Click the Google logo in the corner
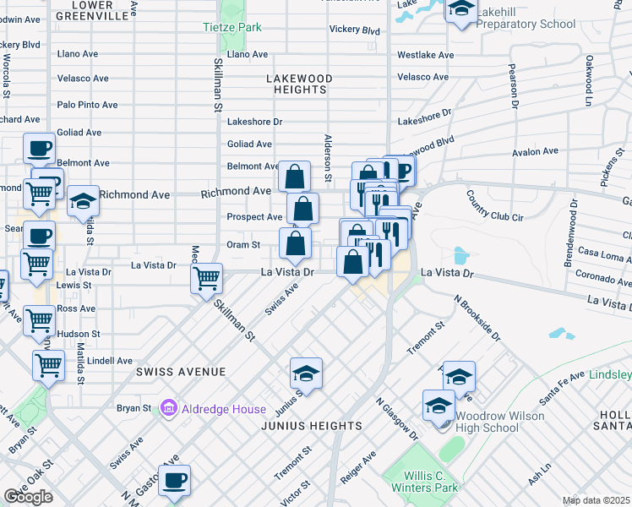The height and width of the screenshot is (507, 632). pyautogui.click(x=28, y=497)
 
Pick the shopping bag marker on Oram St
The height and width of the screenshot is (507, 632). pyautogui.click(x=294, y=244)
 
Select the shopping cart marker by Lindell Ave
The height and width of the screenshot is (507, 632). pyautogui.click(x=48, y=365)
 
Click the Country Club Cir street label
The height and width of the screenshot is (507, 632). pyautogui.click(x=494, y=205)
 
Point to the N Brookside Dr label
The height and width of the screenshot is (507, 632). pyautogui.click(x=477, y=318)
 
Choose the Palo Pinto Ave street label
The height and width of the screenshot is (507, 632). pyautogui.click(x=87, y=105)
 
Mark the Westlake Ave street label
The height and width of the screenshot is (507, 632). pyautogui.click(x=425, y=55)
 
